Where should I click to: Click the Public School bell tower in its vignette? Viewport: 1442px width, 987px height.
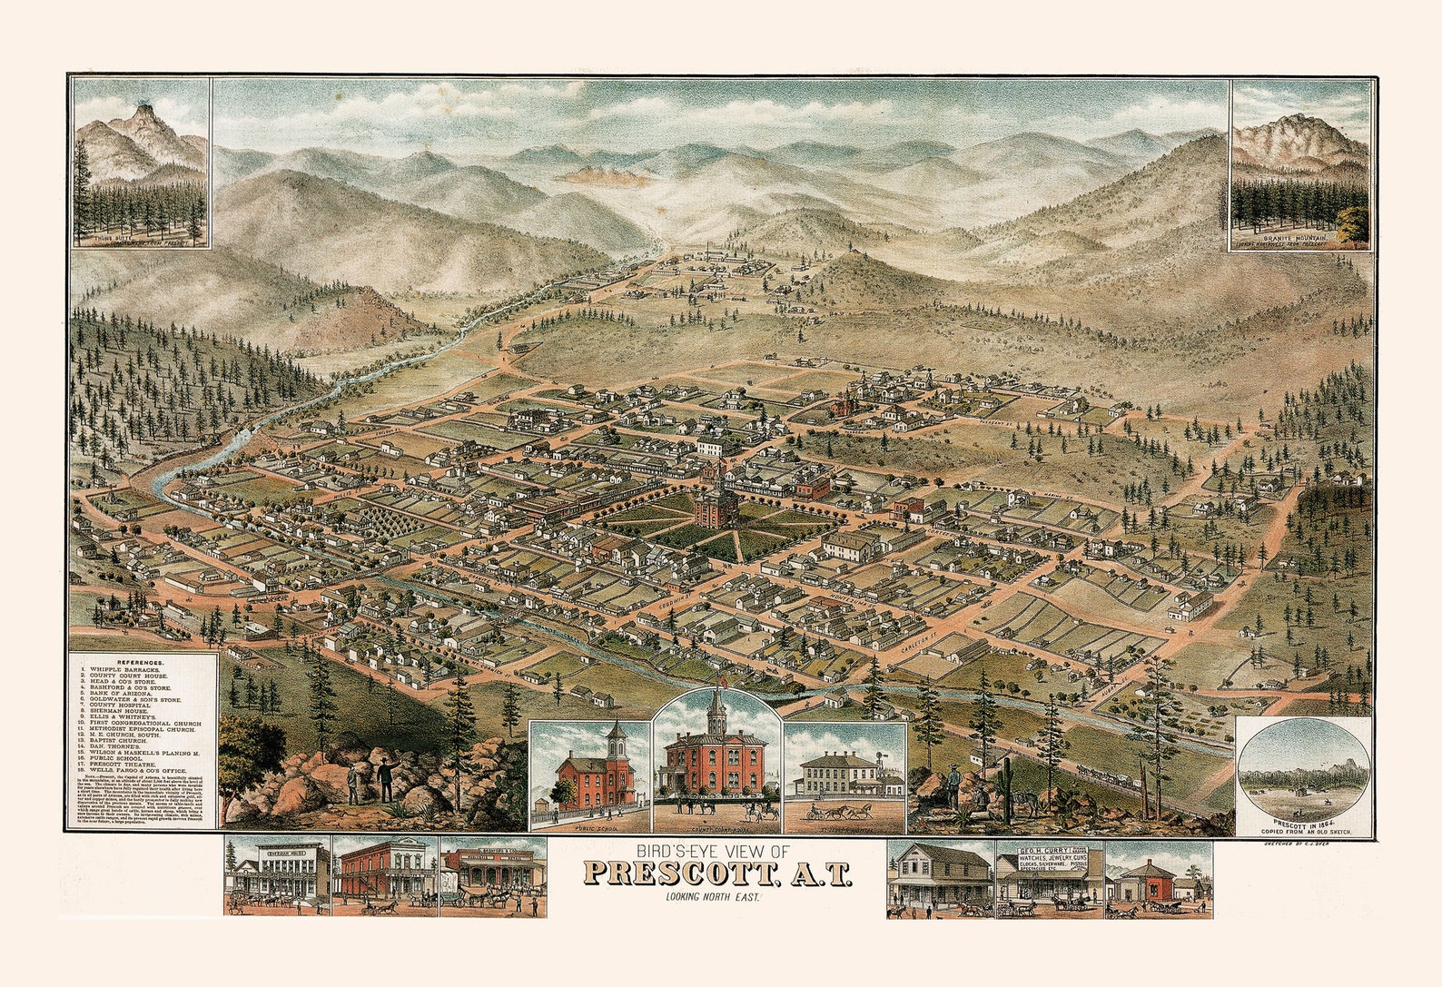617,740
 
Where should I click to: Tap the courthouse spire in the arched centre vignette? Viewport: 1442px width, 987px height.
716,713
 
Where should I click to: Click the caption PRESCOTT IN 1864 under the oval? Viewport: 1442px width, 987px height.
1304,822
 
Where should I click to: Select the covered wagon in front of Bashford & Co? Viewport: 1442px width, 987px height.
451,897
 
